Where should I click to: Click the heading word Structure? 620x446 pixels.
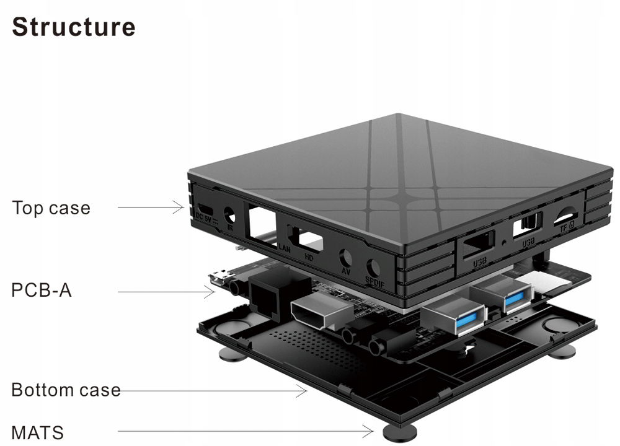coord(73,27)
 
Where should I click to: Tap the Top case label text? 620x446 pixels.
coord(51,208)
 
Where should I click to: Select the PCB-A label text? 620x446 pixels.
coord(42,290)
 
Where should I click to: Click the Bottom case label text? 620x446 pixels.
coord(66,390)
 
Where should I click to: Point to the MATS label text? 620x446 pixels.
coord(37,432)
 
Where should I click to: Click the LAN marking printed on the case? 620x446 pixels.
coord(285,248)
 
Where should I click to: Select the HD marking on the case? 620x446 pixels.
coord(308,255)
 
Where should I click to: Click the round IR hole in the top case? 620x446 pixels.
coord(231,216)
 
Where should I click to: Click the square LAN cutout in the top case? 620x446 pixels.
coord(262,222)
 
